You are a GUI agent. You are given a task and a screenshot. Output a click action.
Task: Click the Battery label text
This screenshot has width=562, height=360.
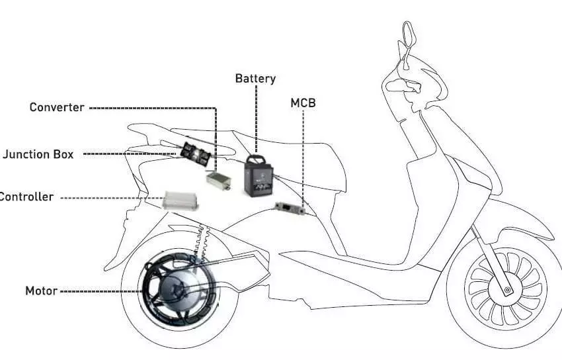coord(255,79)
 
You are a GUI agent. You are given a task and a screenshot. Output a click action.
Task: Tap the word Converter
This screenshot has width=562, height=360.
coord(57,107)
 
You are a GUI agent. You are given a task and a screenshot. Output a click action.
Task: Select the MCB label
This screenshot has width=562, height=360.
coord(303,103)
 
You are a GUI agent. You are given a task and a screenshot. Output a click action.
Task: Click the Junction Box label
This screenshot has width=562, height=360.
coord(38,154)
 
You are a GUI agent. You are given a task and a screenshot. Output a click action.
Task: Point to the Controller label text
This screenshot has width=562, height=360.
coord(26,197)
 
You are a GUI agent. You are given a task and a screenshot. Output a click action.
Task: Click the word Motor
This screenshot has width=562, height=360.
coord(41,291)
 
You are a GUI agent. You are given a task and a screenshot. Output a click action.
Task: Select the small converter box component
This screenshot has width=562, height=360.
coord(219,181)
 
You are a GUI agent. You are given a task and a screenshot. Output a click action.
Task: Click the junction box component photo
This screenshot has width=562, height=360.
coord(195,154)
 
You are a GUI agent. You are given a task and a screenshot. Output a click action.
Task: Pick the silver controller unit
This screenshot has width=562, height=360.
coord(181,201)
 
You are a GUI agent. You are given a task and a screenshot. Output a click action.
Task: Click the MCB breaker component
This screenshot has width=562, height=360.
coord(290,208)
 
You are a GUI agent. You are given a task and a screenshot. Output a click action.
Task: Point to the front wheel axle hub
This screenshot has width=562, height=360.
coord(508,289)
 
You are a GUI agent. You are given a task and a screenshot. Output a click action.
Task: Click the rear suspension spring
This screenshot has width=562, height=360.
coord(200,244)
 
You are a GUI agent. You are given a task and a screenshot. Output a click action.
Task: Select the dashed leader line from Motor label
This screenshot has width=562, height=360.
coord(101,291)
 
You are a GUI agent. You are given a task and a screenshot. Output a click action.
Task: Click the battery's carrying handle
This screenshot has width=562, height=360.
coord(256,158)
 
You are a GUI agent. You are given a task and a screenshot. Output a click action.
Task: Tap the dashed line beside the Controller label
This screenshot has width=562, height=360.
coord(112,198)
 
